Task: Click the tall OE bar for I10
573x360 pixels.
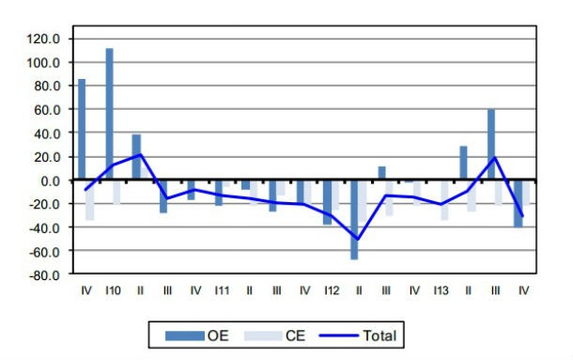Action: (109, 113)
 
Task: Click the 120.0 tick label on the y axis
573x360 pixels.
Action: (43, 39)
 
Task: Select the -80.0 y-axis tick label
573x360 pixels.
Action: (43, 275)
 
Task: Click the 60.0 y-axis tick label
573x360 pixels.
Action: (46, 109)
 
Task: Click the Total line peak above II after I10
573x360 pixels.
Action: (140, 154)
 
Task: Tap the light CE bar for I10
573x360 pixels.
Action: (116, 192)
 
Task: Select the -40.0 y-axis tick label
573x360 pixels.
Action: (43, 227)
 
